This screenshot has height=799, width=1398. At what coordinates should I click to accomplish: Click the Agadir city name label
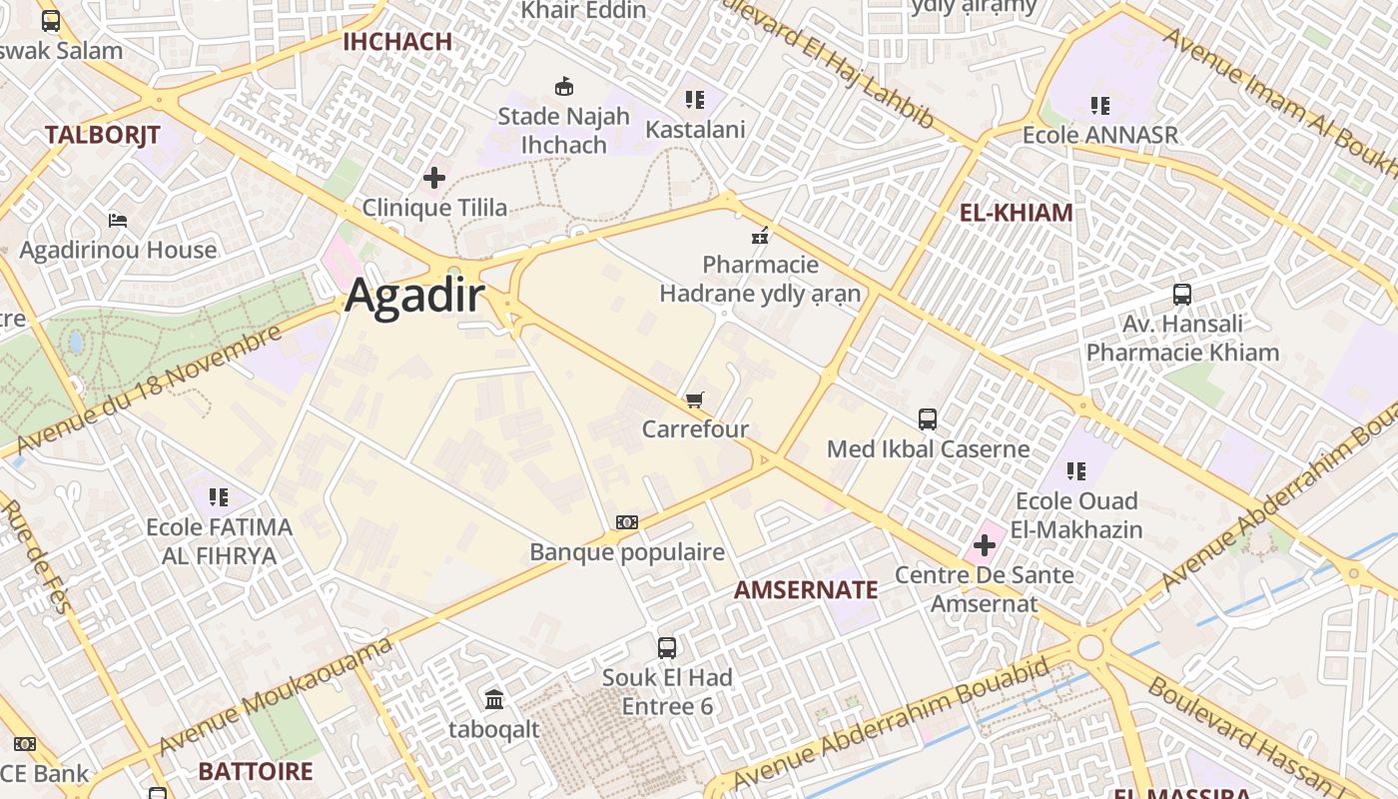(415, 297)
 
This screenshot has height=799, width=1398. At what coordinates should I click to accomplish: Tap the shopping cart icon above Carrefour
(695, 400)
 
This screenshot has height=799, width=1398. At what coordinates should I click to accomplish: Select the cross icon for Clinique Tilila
(434, 179)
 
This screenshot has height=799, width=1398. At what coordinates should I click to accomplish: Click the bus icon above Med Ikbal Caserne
(928, 419)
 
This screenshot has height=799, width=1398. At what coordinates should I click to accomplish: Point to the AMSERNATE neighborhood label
(806, 590)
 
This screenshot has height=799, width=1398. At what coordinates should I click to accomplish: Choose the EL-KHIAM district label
(1016, 213)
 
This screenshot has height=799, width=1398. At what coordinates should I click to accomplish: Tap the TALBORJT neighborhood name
(102, 136)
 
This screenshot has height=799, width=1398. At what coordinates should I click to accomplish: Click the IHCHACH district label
(397, 42)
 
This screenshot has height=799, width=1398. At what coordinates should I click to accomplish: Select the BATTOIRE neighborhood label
(255, 772)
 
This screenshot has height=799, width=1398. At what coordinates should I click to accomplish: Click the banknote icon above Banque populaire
(627, 522)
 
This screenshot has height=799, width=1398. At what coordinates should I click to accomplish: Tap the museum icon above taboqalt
(494, 699)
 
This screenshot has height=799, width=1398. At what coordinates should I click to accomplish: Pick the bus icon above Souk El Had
(667, 648)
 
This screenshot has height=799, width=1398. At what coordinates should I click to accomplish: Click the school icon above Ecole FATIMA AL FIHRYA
(219, 497)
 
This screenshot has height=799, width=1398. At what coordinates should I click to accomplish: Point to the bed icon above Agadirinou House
(118, 220)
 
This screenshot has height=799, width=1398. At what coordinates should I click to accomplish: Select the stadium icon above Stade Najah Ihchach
(564, 86)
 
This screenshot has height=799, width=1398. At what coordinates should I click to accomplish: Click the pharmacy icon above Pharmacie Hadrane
(760, 236)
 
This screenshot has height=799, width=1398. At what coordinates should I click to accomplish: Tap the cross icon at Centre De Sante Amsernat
(985, 545)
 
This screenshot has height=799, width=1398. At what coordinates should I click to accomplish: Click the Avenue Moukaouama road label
(275, 697)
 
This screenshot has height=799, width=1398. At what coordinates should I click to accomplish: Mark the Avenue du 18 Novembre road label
(150, 390)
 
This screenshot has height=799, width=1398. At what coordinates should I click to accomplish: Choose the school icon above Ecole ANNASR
(1099, 105)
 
